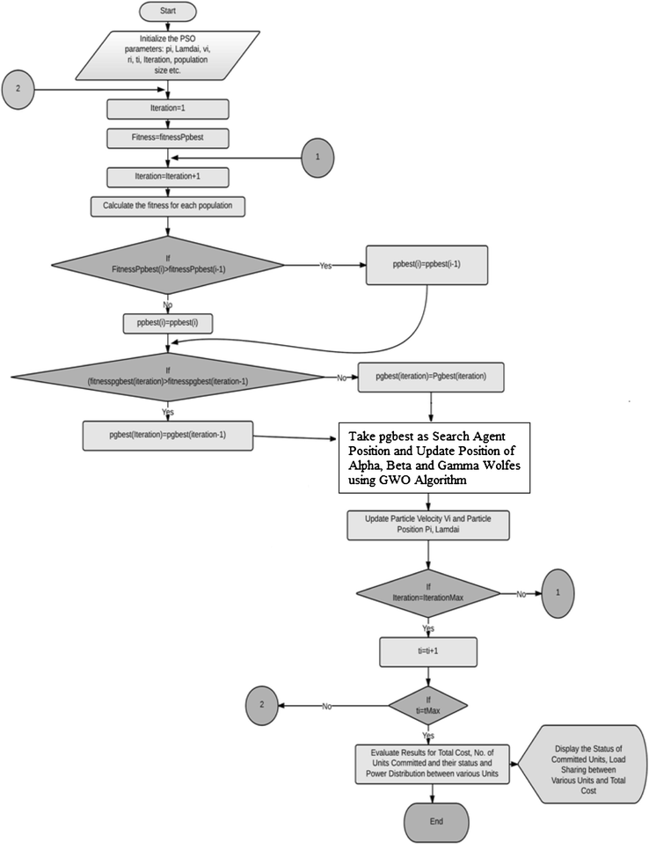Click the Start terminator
[167, 12]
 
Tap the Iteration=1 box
[167, 109]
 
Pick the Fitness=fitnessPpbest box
[167, 138]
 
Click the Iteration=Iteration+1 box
[167, 177]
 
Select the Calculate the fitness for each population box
[167, 207]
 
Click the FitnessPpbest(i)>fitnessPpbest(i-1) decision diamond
[167, 264]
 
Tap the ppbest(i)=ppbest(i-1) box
[427, 264]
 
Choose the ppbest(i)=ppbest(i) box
[167, 322]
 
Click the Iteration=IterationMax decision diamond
[427, 594]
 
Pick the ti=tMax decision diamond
[427, 706]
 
